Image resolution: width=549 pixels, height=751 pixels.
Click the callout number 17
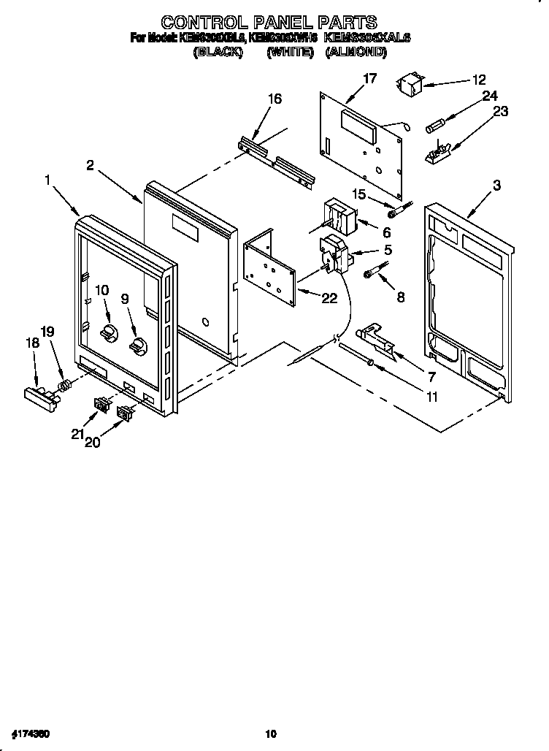click(x=370, y=79)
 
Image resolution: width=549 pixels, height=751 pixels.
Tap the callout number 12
click(x=479, y=80)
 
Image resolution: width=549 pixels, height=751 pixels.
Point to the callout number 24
click(x=488, y=96)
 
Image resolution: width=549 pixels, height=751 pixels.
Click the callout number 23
click(x=500, y=112)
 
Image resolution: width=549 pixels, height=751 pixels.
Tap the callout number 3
click(x=496, y=185)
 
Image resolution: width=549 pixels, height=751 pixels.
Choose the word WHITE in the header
click(x=290, y=53)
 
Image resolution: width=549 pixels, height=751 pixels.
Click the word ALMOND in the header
click(x=357, y=53)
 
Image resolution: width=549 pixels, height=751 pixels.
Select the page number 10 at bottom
click(x=271, y=733)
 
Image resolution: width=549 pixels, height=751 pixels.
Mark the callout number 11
click(x=431, y=397)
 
